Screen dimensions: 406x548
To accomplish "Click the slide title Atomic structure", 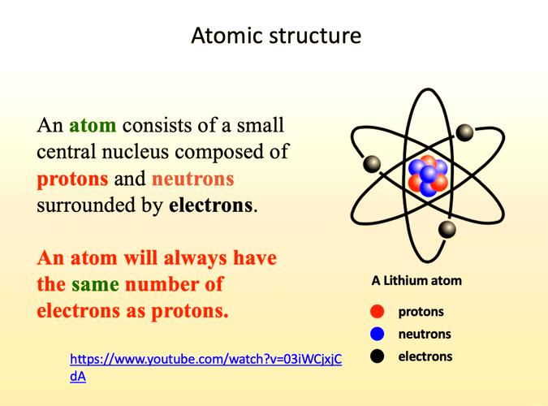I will tap(276, 37).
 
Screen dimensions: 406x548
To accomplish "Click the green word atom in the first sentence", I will tap(93, 126).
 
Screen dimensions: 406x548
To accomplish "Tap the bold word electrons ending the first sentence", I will tap(210, 205).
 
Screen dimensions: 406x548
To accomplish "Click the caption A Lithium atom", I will tap(416, 281).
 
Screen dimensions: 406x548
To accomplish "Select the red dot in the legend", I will tap(377, 311).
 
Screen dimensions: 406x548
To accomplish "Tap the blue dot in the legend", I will tap(377, 334).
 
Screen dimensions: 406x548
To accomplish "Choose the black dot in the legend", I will tap(377, 356).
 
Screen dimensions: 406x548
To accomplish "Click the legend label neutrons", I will tap(424, 334).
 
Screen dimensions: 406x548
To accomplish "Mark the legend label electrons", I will tap(425, 356).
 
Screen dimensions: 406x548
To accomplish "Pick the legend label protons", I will tap(421, 311).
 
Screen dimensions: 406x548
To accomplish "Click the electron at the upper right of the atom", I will tap(464, 132).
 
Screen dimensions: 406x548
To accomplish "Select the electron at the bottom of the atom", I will tap(447, 230).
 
